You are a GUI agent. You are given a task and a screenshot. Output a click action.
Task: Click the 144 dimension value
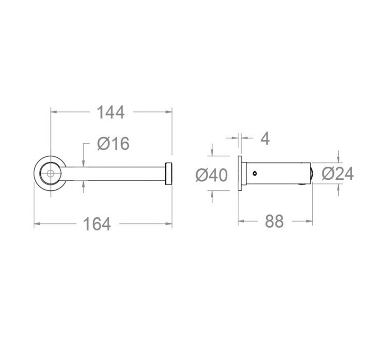[111, 112]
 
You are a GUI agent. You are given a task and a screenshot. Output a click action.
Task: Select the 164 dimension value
[97, 224]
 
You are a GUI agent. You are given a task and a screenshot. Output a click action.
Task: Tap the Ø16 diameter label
[113, 143]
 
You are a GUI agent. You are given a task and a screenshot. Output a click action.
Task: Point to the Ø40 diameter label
[211, 175]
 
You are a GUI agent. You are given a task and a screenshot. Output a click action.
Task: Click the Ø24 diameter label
[338, 174]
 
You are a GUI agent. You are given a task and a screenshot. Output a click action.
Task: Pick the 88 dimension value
[274, 221]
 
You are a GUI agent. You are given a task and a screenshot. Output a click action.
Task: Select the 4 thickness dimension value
[265, 138]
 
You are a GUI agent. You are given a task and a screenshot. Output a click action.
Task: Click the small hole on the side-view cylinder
[255, 174]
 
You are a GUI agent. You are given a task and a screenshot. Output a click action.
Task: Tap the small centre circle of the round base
[50, 174]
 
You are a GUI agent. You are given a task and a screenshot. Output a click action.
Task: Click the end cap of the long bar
[169, 174]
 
